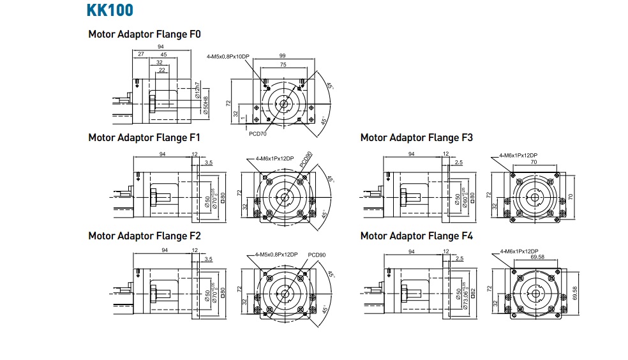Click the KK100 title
[110, 11]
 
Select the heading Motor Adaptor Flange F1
[144, 137]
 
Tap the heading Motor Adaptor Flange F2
[144, 236]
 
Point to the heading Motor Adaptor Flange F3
[416, 137]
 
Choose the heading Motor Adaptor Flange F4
[416, 236]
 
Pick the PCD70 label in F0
[258, 135]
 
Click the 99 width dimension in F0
[281, 56]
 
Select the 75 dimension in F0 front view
[281, 64]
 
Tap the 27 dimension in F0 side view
[140, 55]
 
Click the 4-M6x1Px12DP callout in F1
[274, 158]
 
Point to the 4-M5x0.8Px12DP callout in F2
[276, 254]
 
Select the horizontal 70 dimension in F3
[534, 163]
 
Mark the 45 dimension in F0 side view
[163, 55]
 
